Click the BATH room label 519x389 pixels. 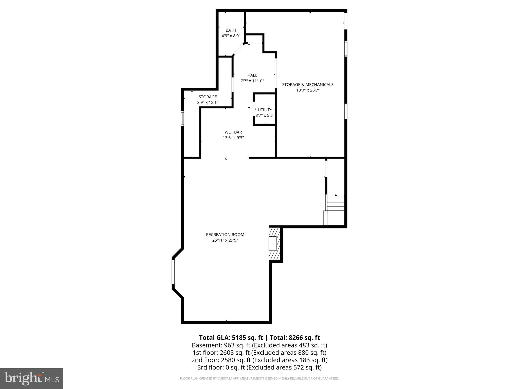coord(231,30)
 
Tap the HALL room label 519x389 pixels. coord(252,75)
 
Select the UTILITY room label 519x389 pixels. coord(265,110)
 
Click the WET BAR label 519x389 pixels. coord(233,132)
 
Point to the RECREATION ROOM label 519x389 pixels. coord(225,235)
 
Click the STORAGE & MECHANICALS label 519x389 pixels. coord(308,85)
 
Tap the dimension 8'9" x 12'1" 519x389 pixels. coord(208,103)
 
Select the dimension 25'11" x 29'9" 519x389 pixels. coord(225,240)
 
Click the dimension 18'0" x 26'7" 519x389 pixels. coord(308,90)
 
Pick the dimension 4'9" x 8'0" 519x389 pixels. coord(231,36)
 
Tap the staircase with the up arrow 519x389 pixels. coord(335,208)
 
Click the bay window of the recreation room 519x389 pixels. coord(173,272)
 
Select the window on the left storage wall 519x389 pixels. coord(182,119)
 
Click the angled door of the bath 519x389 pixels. coord(238,49)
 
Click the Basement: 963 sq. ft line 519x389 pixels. coord(259,345)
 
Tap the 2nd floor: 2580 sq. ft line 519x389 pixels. coord(259,360)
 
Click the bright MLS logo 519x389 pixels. coord(32,379)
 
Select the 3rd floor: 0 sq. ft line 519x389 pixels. coord(259,367)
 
